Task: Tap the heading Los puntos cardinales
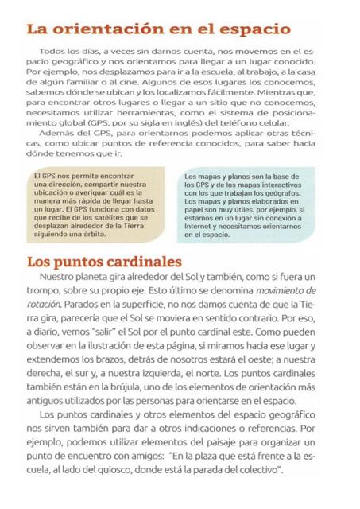point(104,262)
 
